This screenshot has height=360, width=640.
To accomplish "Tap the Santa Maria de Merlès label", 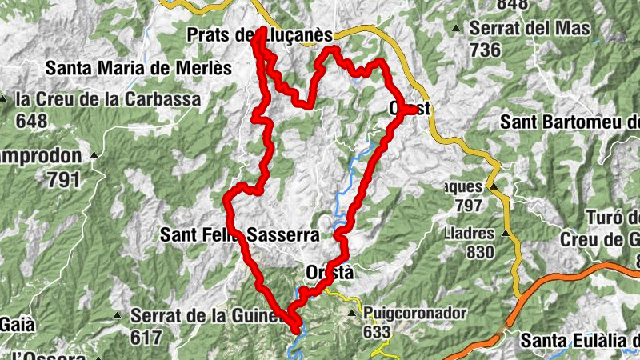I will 138,68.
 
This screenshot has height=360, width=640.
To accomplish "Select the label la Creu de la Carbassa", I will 108,100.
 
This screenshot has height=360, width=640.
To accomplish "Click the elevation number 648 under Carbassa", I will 31,122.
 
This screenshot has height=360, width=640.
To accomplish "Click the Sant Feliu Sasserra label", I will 239,235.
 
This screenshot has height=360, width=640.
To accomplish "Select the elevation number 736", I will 486,50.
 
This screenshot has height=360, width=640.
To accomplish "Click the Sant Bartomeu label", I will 569,122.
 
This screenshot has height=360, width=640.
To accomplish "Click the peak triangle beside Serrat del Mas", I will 456,30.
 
